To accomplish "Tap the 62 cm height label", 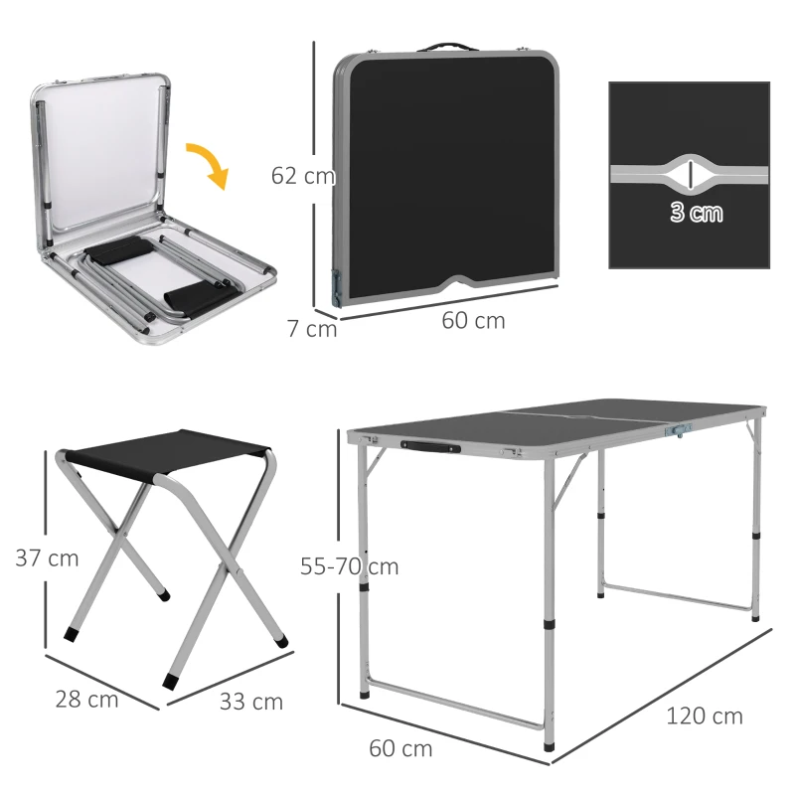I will pyautogui.click(x=302, y=176).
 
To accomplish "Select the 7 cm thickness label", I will pyautogui.click(x=312, y=328).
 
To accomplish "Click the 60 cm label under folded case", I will pyautogui.click(x=473, y=321).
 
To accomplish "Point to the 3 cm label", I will pyautogui.click(x=696, y=212).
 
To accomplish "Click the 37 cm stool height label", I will pyautogui.click(x=47, y=557).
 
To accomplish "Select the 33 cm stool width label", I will pyautogui.click(x=251, y=702).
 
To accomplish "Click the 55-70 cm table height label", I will pyautogui.click(x=349, y=566).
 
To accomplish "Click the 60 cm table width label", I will pyautogui.click(x=400, y=748).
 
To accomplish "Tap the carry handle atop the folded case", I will pyautogui.click(x=446, y=46).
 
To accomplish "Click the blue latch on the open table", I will pyautogui.click(x=680, y=429).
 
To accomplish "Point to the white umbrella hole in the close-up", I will pyautogui.click(x=688, y=173).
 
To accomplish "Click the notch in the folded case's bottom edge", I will pyautogui.click(x=457, y=281).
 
